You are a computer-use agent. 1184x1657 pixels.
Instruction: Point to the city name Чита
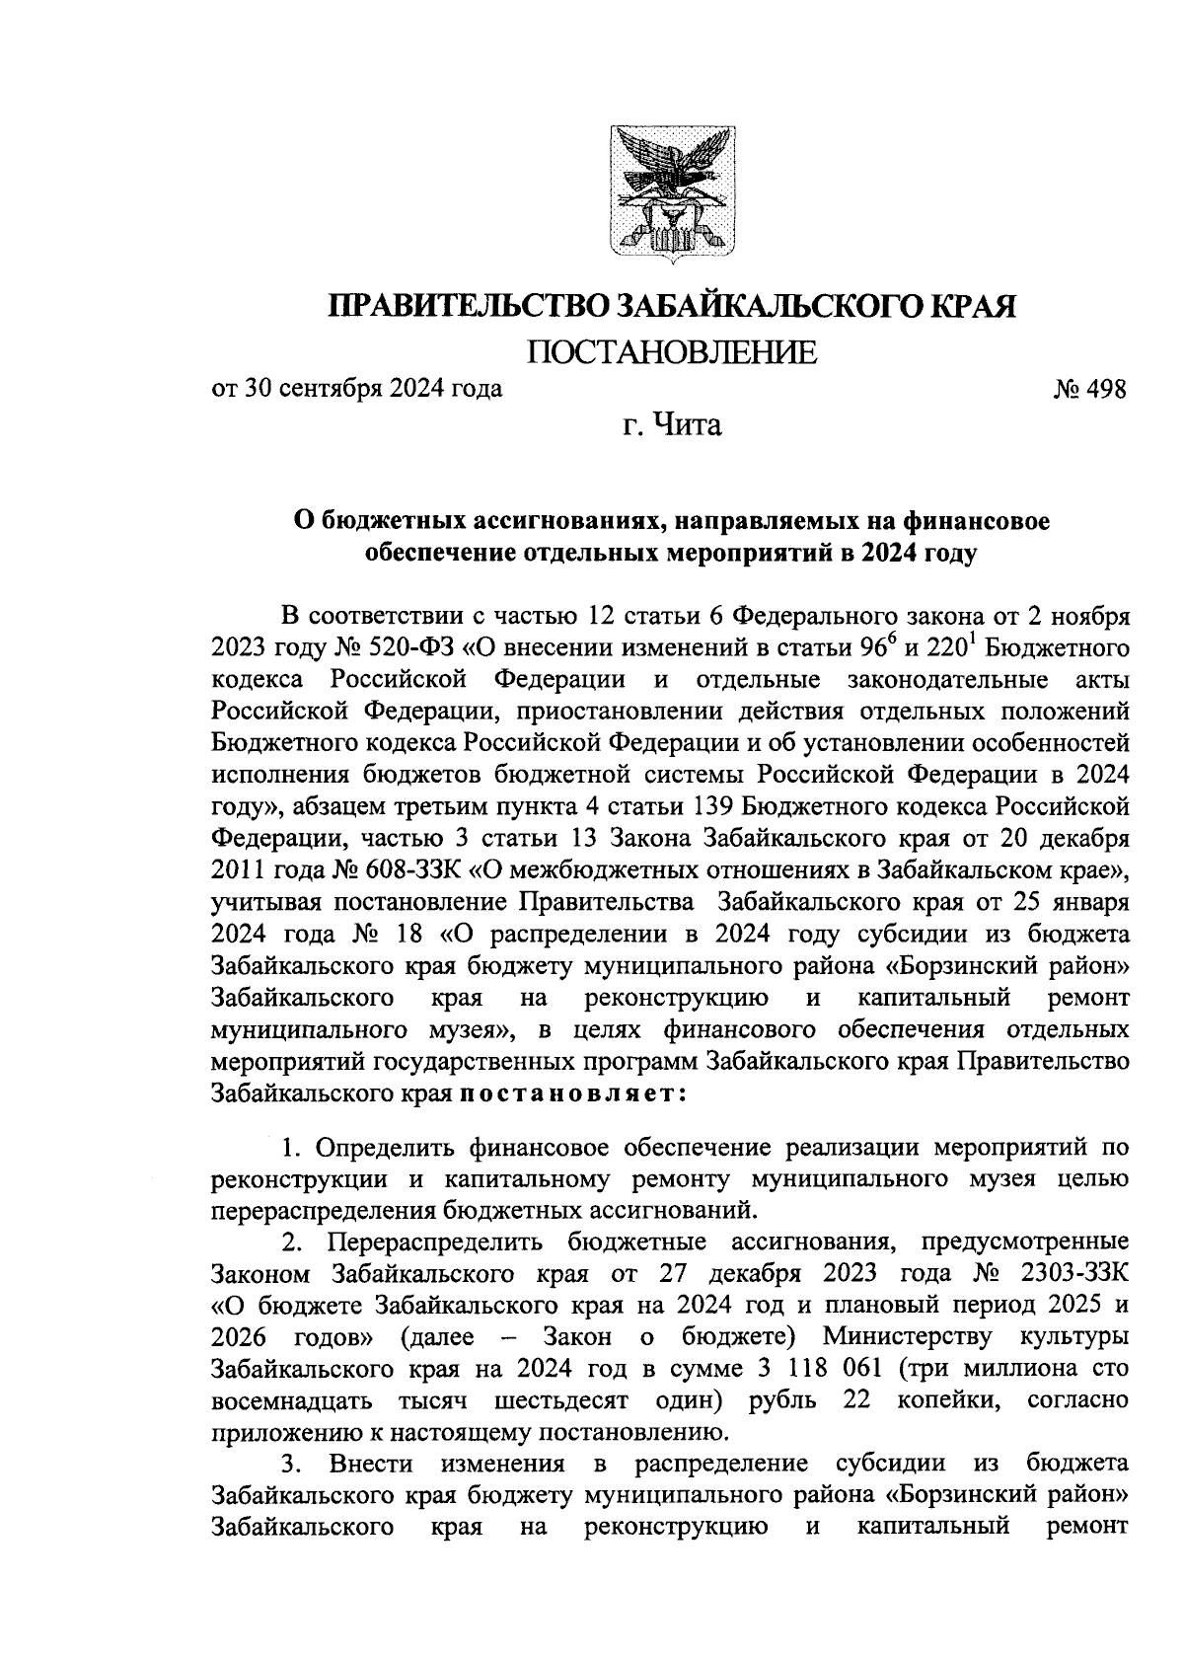691,426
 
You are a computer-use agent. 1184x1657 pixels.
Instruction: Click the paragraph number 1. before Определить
289,1148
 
